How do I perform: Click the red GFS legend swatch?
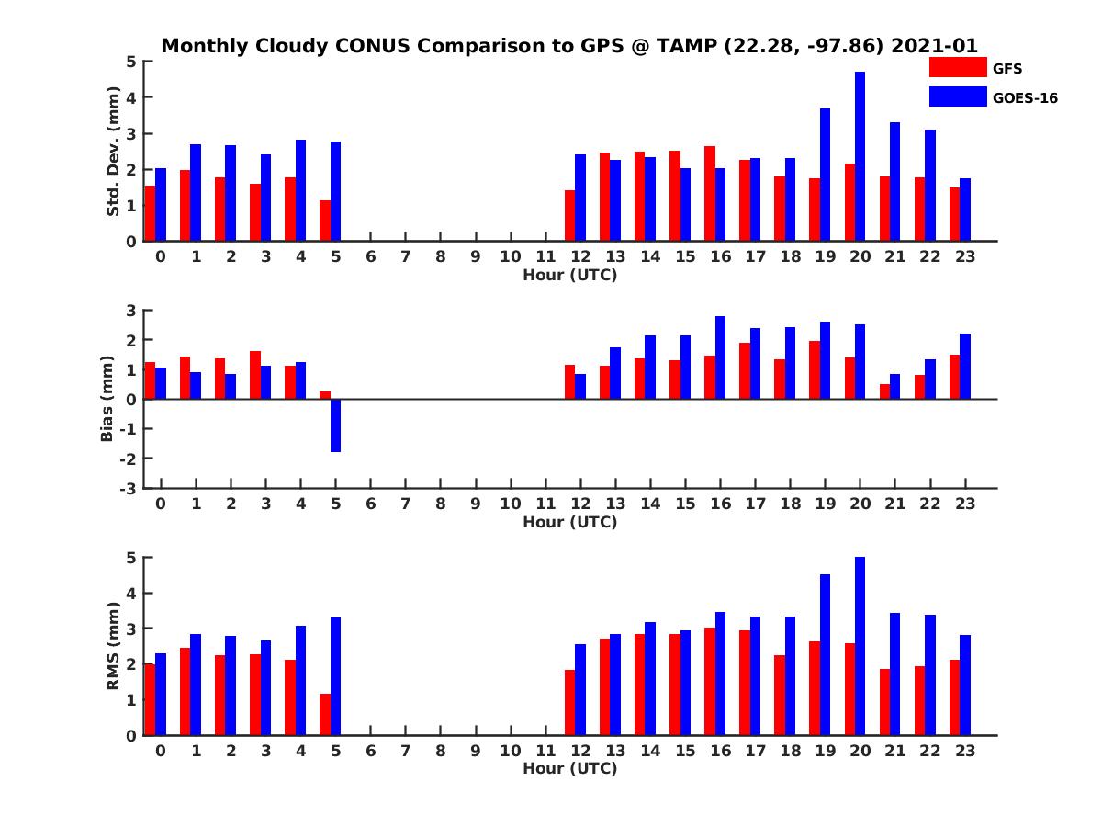958,67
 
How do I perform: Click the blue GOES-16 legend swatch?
958,96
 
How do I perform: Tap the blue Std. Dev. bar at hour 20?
860,156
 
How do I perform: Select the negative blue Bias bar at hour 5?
336,425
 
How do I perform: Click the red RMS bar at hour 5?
325,714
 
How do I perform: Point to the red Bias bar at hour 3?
255,375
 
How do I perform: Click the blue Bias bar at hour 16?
721,357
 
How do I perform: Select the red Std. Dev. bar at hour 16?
710,194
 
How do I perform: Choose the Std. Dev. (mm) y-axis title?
113,152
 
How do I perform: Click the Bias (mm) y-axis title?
107,398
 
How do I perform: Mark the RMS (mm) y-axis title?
113,646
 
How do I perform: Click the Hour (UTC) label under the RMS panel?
569,768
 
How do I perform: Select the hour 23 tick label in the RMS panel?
964,751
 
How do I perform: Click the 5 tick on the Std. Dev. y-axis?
131,62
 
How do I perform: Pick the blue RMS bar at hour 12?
580,689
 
